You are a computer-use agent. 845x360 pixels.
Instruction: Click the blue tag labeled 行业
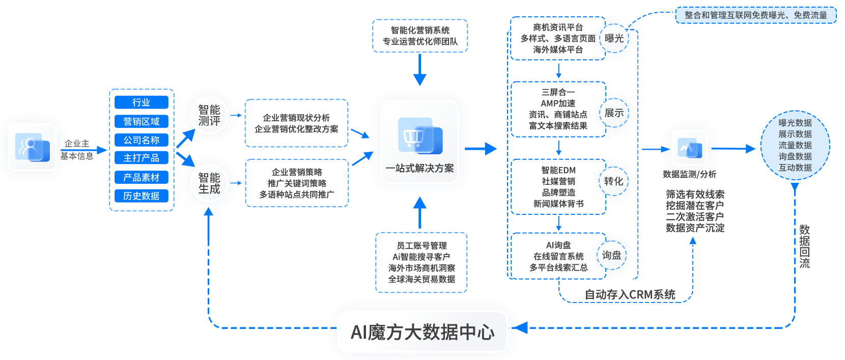[141, 102]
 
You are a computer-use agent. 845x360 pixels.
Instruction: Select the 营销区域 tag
[141, 121]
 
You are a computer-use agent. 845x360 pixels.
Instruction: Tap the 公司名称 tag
[141, 140]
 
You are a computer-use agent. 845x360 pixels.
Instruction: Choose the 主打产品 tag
[141, 158]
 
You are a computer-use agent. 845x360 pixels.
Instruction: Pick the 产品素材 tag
[141, 177]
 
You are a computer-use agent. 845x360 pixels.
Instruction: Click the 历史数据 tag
[141, 196]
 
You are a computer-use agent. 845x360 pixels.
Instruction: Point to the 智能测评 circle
[209, 116]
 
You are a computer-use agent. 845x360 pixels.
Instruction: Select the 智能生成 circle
[209, 183]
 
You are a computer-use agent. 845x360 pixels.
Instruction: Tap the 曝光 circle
[614, 38]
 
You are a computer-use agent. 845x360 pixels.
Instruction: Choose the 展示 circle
[614, 113]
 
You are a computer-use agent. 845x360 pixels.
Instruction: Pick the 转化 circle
[613, 181]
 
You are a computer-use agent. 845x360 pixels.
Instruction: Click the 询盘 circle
[611, 255]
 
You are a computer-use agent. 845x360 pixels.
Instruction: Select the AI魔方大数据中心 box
[422, 331]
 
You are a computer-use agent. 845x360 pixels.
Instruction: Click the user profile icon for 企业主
[32, 147]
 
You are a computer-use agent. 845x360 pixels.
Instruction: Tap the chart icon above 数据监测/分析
[689, 148]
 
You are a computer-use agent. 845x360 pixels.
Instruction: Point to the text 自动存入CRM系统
[630, 295]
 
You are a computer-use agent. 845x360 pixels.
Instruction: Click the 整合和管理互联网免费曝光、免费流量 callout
[755, 15]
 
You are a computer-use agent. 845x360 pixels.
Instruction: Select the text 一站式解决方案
[419, 169]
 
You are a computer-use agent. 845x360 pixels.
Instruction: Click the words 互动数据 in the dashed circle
[795, 168]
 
